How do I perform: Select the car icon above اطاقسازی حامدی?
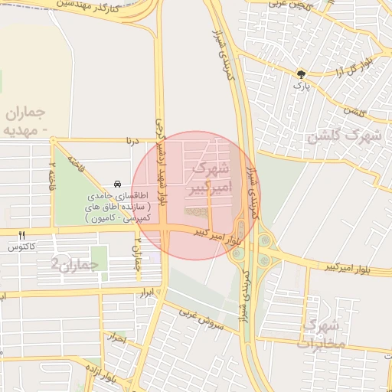click(x=116, y=185)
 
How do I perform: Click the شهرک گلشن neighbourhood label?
click(x=344, y=137)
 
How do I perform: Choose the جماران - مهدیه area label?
click(x=26, y=121)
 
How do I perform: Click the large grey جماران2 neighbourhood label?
click(x=76, y=264)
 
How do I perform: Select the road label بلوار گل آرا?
click(x=353, y=67)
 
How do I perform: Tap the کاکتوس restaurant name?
click(x=22, y=247)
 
